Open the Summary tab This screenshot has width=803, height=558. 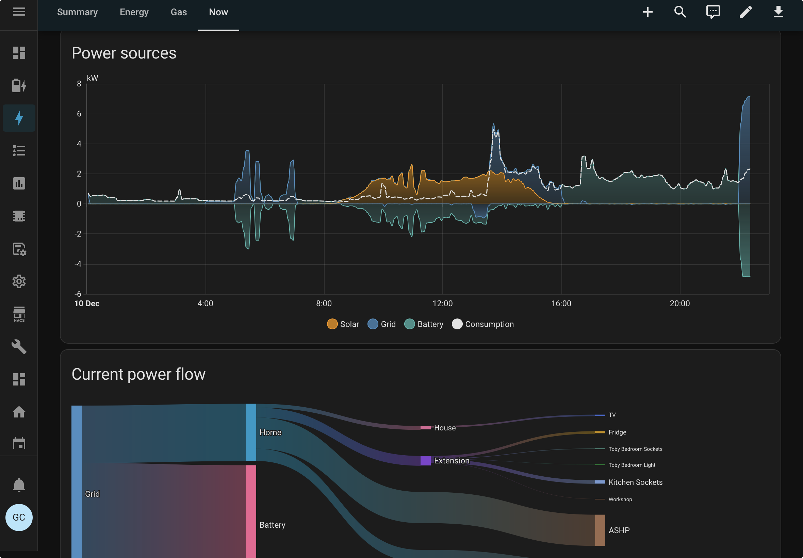point(77,12)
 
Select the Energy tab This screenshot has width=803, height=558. point(134,12)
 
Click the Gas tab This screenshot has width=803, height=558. point(179,12)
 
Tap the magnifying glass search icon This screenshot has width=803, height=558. point(680,12)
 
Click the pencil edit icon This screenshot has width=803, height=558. point(745,12)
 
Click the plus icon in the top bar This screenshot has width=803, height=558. point(648,12)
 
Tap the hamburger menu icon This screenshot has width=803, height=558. point(19,12)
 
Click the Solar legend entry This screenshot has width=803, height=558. point(343,324)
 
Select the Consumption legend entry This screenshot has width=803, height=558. point(483,324)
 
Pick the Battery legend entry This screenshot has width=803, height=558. point(424,324)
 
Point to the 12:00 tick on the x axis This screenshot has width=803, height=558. point(443,303)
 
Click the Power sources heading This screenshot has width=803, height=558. point(124,53)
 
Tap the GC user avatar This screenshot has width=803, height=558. point(19,518)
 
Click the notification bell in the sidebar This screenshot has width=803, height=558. point(19,485)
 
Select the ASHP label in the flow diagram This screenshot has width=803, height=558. point(619,530)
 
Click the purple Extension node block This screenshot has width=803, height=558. point(425,461)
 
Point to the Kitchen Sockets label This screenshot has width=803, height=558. point(636,482)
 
